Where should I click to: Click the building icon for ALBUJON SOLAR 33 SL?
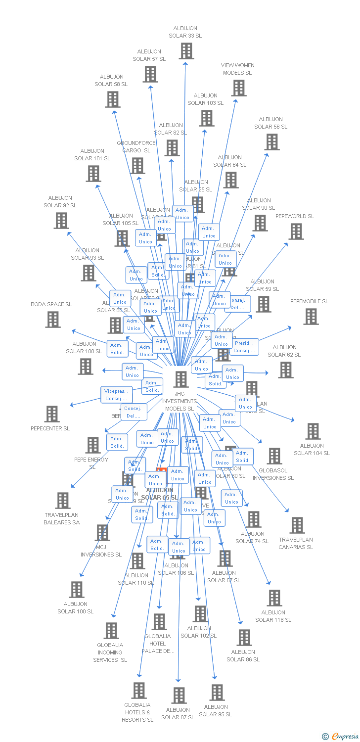coord(186,51)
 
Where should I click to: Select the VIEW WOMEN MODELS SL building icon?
coord(239,88)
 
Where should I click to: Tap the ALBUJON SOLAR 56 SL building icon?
coord(271,142)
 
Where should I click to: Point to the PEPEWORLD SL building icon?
coord(296,232)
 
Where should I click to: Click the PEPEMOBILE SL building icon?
coord(311,317)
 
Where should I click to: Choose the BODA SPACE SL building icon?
coord(53,320)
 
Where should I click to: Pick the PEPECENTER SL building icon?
coord(52,414)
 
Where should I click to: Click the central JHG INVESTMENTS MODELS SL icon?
coord(181,379)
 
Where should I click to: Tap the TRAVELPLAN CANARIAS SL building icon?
coord(297,525)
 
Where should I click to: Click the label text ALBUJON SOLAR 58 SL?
coord(111,81)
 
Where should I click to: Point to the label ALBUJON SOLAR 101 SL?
coord(92,155)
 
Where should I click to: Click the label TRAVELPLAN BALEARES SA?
coord(62,518)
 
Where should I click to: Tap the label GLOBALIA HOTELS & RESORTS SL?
coord(137,712)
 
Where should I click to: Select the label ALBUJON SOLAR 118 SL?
coord(273,616)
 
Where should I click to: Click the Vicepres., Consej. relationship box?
coord(117,395)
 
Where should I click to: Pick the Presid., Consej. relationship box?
coord(244,347)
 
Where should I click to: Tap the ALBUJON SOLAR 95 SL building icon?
coord(217,693)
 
